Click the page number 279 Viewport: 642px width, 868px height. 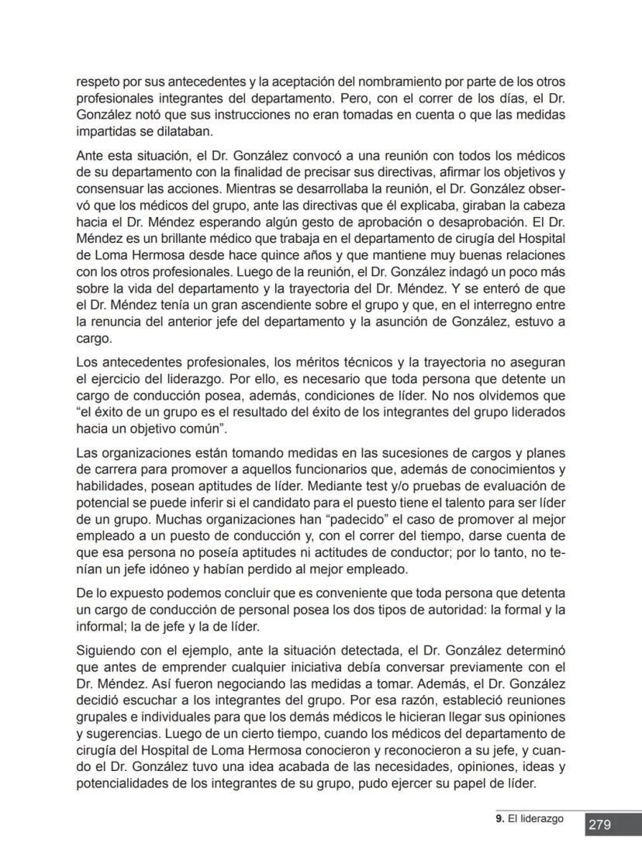(599, 825)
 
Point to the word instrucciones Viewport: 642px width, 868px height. (236, 116)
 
